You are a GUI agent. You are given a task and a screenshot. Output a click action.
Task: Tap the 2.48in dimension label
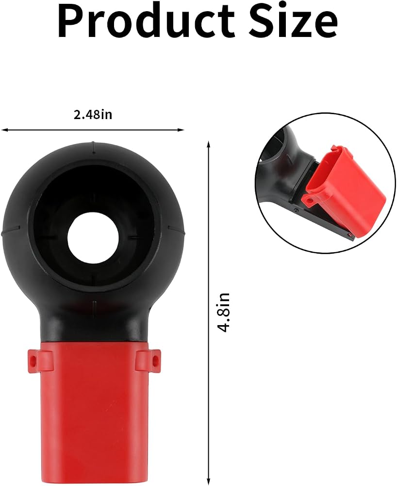[x=93, y=115]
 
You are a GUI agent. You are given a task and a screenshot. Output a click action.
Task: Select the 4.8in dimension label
[x=223, y=312]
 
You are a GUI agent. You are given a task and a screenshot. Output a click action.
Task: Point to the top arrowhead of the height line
[x=209, y=144]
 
